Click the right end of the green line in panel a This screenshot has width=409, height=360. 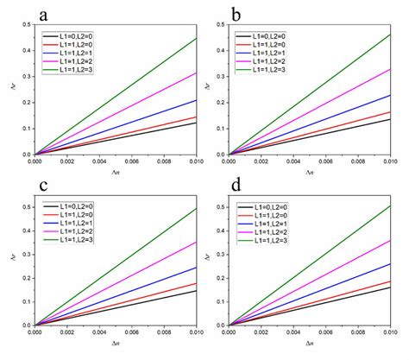tap(197, 38)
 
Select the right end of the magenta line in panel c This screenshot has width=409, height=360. tap(197, 242)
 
